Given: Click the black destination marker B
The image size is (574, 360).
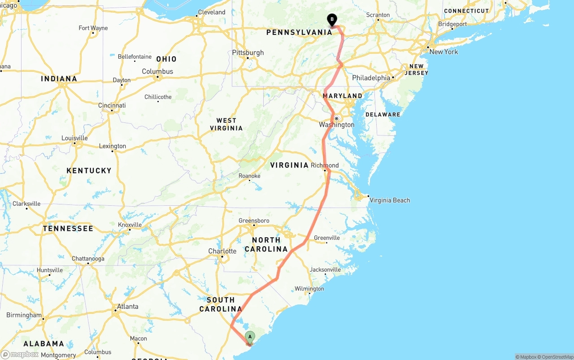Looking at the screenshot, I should (332, 20).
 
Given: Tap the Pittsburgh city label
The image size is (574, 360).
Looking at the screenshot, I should (248, 53).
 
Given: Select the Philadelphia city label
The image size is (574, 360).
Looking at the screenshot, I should (371, 78).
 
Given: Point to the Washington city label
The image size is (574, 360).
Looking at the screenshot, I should (336, 125).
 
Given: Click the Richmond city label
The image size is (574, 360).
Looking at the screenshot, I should (325, 165).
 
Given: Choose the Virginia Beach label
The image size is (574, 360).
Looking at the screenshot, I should (389, 200).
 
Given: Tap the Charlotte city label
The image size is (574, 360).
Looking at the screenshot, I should (222, 251).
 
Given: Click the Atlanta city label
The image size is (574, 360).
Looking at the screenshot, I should (127, 307).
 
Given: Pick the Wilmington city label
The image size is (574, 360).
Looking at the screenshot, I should (309, 289).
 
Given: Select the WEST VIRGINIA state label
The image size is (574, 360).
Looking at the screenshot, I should (226, 124).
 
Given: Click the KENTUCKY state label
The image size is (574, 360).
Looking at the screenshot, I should (89, 171).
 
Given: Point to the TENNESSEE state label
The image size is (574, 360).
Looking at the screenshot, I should (68, 229).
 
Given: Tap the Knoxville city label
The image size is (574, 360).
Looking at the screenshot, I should (130, 225).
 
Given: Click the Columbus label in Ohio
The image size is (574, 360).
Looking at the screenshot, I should (157, 72).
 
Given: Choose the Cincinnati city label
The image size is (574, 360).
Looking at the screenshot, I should (112, 105).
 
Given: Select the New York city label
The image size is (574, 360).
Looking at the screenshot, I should (444, 52).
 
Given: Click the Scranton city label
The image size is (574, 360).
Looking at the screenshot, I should (378, 15).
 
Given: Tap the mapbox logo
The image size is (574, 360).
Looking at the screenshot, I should (20, 354).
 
